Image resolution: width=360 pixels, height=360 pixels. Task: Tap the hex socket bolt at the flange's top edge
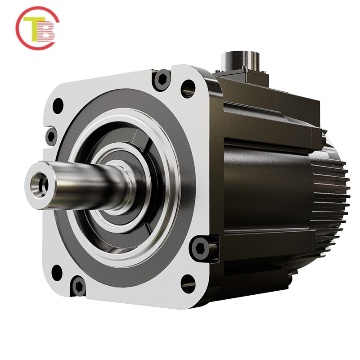pos(162,80)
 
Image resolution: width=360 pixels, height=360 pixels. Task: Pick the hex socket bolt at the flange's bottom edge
pos(78,286)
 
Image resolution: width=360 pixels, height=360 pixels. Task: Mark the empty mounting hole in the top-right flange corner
pos(189,88)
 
